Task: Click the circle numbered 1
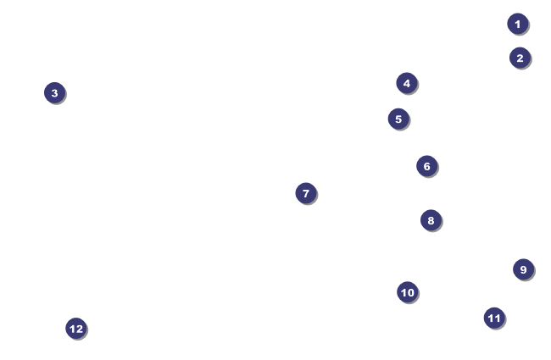pyautogui.click(x=518, y=24)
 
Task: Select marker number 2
pyautogui.click(x=520, y=58)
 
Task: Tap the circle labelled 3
pyautogui.click(x=54, y=92)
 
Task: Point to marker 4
pyautogui.click(x=407, y=83)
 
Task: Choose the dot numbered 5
pyautogui.click(x=398, y=119)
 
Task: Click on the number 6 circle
pyautogui.click(x=426, y=166)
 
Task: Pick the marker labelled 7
pyautogui.click(x=306, y=193)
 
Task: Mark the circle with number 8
pyautogui.click(x=431, y=220)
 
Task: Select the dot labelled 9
pyautogui.click(x=523, y=269)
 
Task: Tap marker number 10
pyautogui.click(x=408, y=292)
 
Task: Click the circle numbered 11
pyautogui.click(x=494, y=318)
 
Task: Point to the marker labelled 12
pyautogui.click(x=76, y=329)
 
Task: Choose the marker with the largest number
pyautogui.click(x=76, y=329)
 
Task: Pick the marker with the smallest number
pyautogui.click(x=518, y=24)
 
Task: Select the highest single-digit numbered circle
pyautogui.click(x=523, y=269)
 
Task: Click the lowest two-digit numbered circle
pyautogui.click(x=408, y=292)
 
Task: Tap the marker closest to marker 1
pyautogui.click(x=520, y=58)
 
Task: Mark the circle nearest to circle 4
pyautogui.click(x=398, y=119)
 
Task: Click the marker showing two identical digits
pyautogui.click(x=494, y=318)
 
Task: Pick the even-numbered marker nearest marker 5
pyautogui.click(x=407, y=83)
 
